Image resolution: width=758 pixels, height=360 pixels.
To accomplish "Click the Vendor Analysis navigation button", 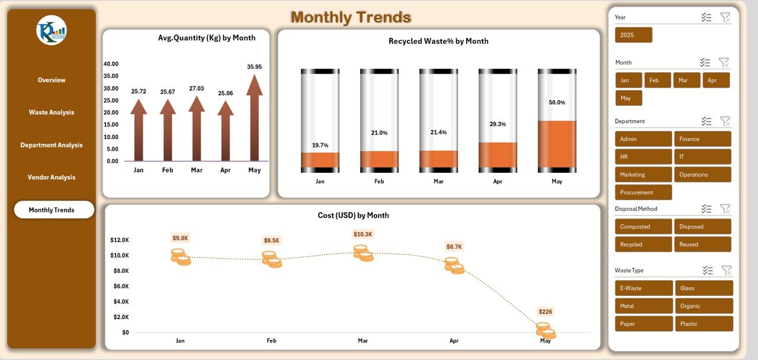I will click(52, 177).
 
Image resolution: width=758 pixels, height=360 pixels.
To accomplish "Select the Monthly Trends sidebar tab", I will click(54, 210).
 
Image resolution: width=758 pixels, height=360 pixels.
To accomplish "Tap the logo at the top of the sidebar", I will click(52, 30).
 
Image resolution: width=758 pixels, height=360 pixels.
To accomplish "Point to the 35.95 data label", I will click(254, 67).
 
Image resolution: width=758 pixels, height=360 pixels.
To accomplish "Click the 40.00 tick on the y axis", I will click(111, 64).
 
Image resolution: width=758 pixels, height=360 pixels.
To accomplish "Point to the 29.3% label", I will click(497, 124).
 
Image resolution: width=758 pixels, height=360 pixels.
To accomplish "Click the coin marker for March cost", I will click(363, 253).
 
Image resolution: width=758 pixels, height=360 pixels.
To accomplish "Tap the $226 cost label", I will click(545, 311).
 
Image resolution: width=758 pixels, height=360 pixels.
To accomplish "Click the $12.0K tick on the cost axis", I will click(120, 240).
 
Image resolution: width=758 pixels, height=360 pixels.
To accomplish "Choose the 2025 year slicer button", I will click(633, 35).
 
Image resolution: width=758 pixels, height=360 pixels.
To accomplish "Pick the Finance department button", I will click(702, 139).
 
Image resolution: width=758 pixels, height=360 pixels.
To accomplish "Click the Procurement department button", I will click(644, 192).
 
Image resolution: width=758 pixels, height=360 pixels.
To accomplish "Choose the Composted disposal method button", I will click(644, 227).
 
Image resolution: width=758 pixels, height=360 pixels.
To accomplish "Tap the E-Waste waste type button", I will click(644, 288).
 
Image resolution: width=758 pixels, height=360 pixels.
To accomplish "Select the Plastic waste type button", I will click(704, 324).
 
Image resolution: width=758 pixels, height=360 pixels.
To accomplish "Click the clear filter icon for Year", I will click(725, 17).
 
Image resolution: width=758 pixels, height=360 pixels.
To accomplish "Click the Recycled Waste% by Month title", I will click(438, 41).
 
